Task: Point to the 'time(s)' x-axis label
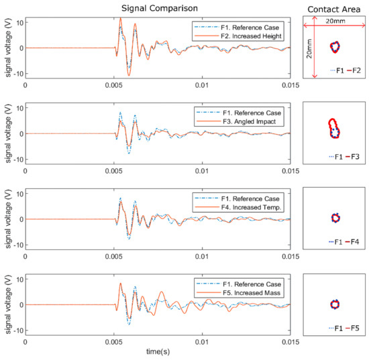[x=158, y=351]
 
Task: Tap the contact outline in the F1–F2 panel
[x=335, y=47]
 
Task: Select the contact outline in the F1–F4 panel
[x=336, y=217]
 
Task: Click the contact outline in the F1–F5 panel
[x=335, y=304]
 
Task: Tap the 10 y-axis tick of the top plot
[x=19, y=22]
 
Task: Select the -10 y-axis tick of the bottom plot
[x=18, y=331]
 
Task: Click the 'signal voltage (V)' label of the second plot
[x=6, y=134]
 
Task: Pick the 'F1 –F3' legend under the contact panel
[x=336, y=156]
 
